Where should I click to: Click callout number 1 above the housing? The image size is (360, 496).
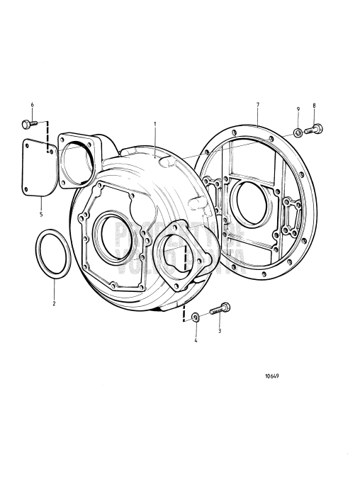pyautogui.click(x=154, y=123)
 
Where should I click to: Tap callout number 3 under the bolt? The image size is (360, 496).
pyautogui.click(x=220, y=330)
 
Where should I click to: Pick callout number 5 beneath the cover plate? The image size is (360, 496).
pyautogui.click(x=40, y=212)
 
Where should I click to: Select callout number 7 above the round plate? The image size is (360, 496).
pyautogui.click(x=257, y=105)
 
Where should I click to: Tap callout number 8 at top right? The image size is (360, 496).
pyautogui.click(x=314, y=106)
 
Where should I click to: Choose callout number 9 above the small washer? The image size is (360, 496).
pyautogui.click(x=298, y=108)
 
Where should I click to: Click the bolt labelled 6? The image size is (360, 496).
pyautogui.click(x=29, y=125)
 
